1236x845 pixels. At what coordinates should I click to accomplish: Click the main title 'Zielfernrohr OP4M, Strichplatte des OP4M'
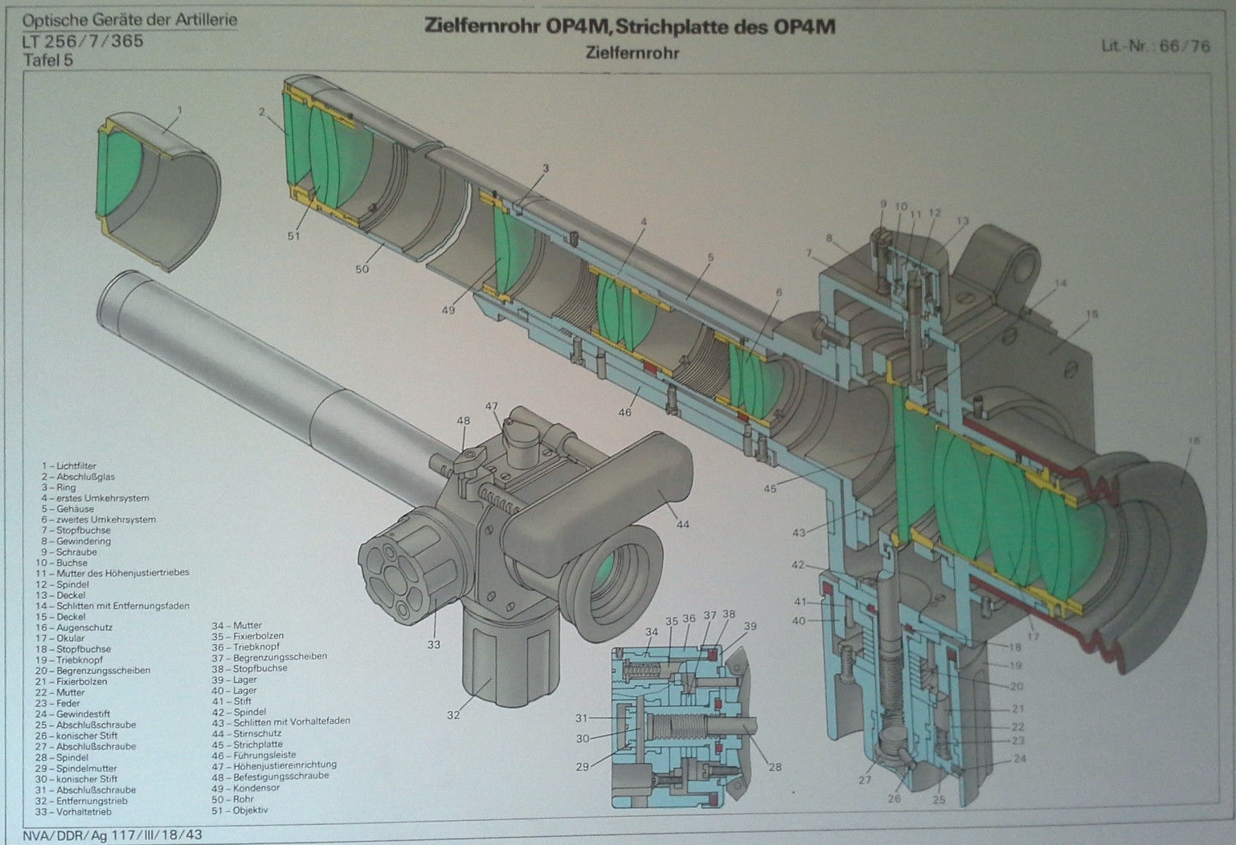[x=629, y=27]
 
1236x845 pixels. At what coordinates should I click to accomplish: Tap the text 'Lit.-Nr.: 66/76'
[x=1155, y=46]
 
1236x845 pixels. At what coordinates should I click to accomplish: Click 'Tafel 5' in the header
[x=48, y=60]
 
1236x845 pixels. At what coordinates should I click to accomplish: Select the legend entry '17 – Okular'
[x=65, y=638]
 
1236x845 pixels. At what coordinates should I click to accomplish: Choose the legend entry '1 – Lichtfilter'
[x=69, y=466]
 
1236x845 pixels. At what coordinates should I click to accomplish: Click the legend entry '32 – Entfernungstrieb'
[x=81, y=801]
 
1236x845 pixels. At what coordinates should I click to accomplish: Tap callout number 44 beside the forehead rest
[x=682, y=525]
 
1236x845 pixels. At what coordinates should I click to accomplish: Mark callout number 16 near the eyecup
[x=1193, y=441]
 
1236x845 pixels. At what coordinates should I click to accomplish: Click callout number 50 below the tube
[x=362, y=269]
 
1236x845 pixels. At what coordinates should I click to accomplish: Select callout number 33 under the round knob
[x=434, y=644]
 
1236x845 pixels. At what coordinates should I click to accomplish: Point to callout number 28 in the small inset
[x=775, y=767]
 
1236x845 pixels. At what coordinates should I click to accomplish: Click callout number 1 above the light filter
[x=180, y=110]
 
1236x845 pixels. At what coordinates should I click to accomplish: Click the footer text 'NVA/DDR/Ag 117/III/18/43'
[x=113, y=835]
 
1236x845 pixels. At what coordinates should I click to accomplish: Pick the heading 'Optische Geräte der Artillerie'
[x=129, y=20]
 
